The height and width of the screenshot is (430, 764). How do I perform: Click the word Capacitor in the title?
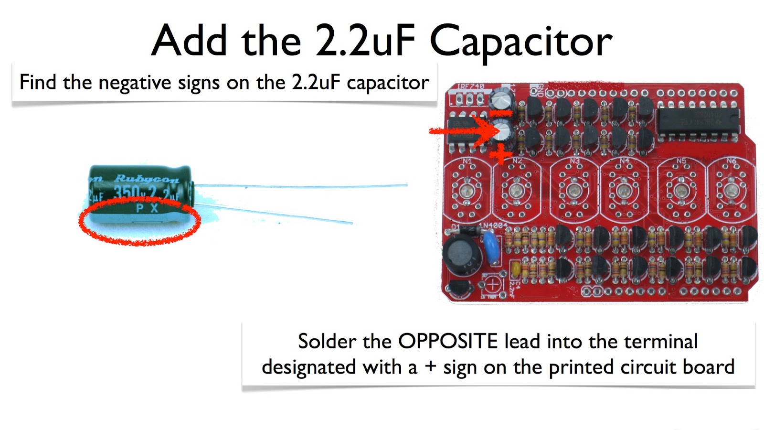520,42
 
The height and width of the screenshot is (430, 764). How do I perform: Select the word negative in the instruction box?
135,83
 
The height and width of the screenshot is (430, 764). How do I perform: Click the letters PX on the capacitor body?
147,208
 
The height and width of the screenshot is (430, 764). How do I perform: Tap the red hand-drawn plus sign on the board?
500,155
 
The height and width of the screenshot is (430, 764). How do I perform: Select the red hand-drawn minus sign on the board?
500,114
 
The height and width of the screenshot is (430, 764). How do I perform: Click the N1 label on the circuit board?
467,161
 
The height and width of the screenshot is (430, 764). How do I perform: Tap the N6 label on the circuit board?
731,161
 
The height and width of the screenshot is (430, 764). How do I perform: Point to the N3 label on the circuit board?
574,161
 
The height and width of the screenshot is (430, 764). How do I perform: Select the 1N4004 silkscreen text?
493,225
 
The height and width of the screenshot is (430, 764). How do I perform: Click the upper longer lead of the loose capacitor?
301,186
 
